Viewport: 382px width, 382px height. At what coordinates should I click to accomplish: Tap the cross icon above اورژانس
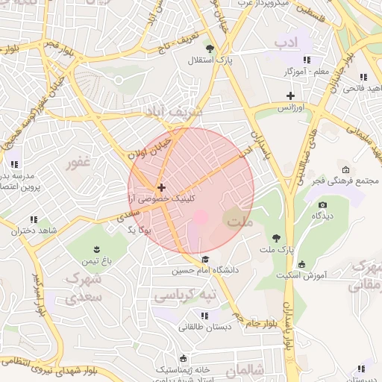click(290, 95)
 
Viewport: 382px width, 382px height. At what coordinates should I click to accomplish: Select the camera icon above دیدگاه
click(322, 204)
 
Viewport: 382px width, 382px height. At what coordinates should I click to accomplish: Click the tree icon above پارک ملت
click(277, 238)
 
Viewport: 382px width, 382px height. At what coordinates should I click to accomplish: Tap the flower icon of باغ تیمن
click(96, 249)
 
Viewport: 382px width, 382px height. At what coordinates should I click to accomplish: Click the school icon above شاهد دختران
click(34, 219)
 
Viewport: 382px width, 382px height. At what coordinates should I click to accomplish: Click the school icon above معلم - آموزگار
click(306, 60)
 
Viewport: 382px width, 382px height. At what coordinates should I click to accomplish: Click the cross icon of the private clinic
click(161, 187)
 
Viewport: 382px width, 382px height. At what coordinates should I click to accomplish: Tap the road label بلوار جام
click(254, 322)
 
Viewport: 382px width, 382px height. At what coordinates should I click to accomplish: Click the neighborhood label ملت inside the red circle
click(240, 222)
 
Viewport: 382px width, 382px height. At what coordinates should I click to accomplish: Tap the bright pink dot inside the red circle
click(200, 216)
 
